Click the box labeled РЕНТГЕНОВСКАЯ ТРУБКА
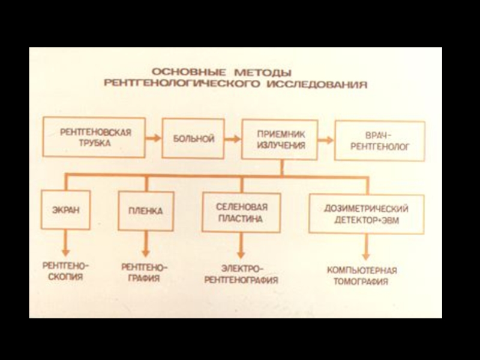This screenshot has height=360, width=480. pos(94,137)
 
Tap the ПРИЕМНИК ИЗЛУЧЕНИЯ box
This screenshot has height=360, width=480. pos(279,139)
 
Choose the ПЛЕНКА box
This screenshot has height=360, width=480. pos(145,211)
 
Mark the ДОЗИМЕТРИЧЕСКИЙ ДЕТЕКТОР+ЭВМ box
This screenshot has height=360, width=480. pos(366,213)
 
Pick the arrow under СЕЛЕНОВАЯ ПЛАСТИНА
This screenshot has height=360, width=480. pos(241,245)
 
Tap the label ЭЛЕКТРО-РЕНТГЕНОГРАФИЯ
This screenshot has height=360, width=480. pos(241,274)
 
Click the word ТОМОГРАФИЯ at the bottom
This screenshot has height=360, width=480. pos(361,281)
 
